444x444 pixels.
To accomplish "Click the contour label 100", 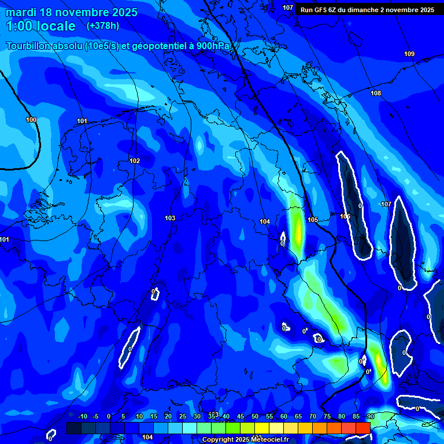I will tap(31, 120).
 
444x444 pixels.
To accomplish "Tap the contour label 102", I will tap(135, 161).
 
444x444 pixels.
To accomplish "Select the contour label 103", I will tap(169, 218).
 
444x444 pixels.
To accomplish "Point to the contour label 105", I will tap(313, 220).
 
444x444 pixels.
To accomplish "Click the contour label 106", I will tap(345, 216).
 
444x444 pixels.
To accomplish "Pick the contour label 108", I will tap(376, 93).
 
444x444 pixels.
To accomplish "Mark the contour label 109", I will tap(409, 54).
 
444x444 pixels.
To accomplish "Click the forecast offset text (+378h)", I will tap(103, 26).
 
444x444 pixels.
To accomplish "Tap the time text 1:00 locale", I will tap(40, 27).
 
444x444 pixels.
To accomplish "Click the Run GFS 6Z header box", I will tap(367, 10).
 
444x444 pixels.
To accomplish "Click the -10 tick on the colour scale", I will tap(82, 416).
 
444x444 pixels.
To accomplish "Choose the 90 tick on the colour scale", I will tap(370, 416).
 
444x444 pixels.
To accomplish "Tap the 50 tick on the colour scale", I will tap(255, 416).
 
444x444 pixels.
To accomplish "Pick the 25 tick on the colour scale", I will tap(183, 416).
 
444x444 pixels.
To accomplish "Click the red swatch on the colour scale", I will tap(363, 428).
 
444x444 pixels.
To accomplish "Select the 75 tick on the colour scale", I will tap(327, 416).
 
